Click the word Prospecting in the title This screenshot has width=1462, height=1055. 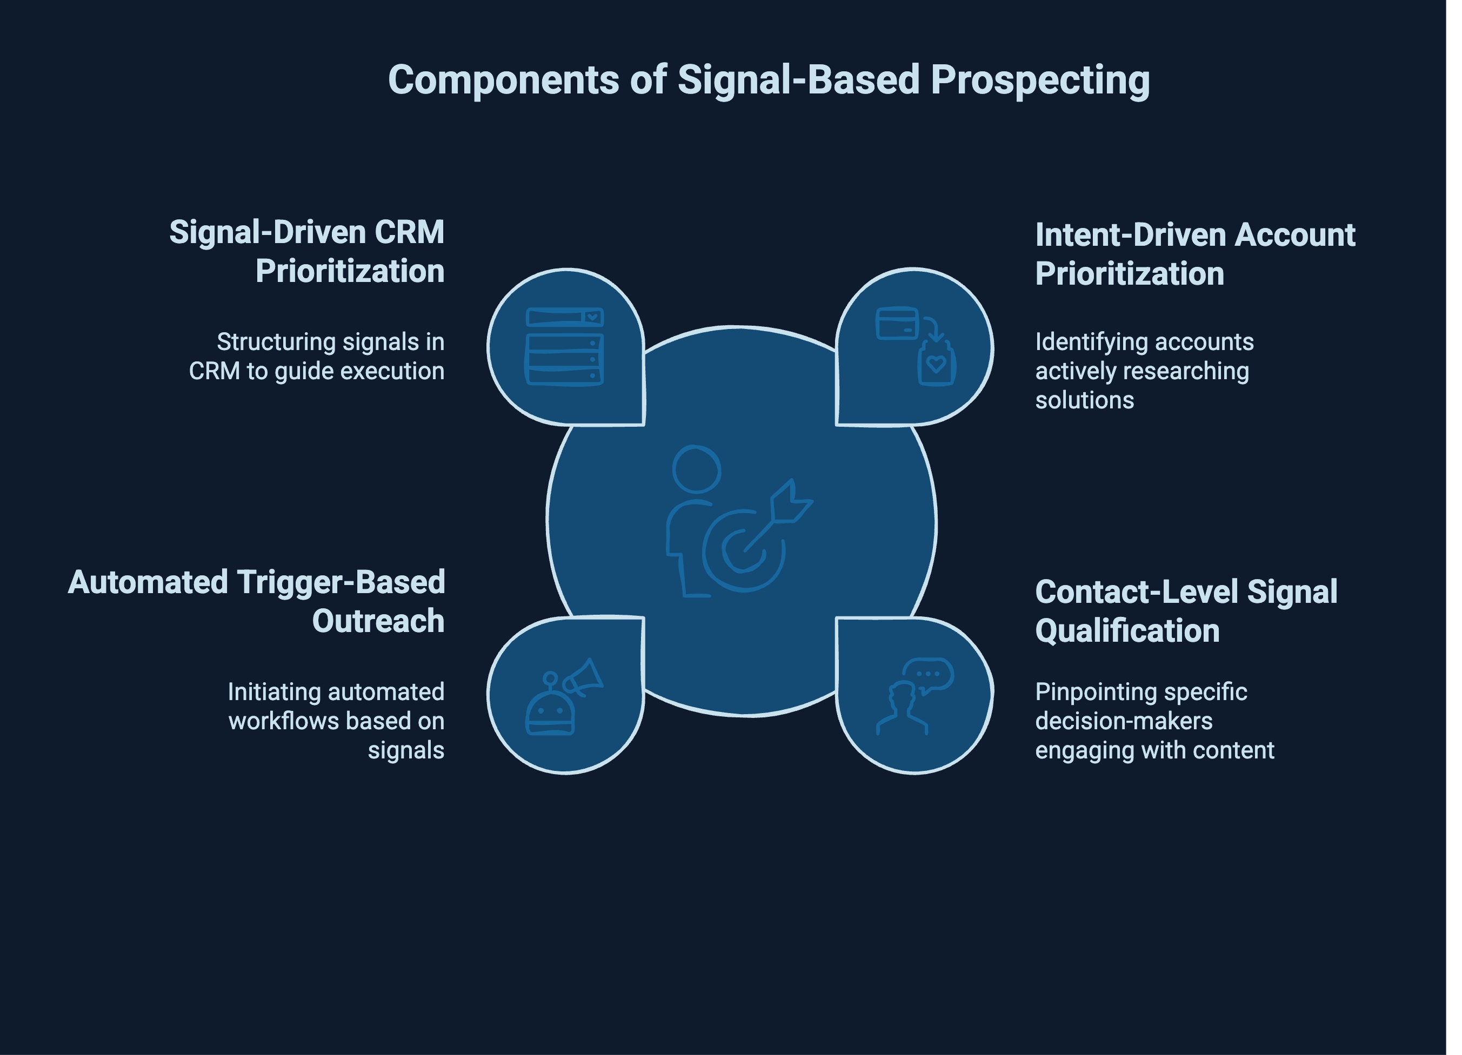(x=1039, y=80)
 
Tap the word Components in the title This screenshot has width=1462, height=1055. (x=503, y=80)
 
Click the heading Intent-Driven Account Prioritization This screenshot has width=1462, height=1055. (x=1194, y=254)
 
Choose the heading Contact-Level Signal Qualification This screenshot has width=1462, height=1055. (x=1186, y=611)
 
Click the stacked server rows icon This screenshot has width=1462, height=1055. (x=565, y=346)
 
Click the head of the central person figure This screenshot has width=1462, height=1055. (x=696, y=469)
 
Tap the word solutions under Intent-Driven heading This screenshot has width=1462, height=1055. (x=1084, y=400)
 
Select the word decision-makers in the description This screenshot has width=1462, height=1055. (x=1124, y=721)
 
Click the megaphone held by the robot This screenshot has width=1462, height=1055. (x=583, y=677)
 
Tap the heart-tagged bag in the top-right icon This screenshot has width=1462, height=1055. (x=937, y=365)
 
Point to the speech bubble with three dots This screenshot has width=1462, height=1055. (x=928, y=674)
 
